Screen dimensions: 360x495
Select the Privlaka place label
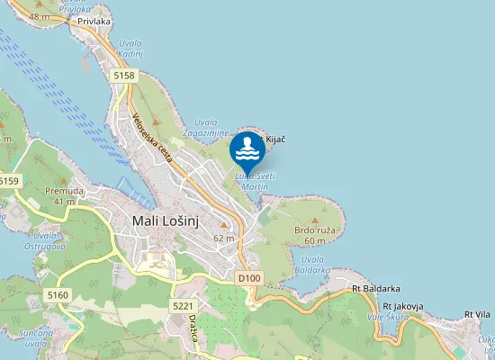pos(94,20)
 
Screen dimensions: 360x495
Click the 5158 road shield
pos(124,76)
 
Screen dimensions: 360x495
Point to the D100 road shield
pos(249,279)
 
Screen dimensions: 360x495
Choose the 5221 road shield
pos(183,306)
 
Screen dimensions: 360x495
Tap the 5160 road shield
pos(58,295)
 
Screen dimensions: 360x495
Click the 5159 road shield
pos(8,181)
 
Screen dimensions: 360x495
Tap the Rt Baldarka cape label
pos(376,289)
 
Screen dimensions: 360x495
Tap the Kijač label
pos(274,139)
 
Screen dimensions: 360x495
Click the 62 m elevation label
pos(224,238)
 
